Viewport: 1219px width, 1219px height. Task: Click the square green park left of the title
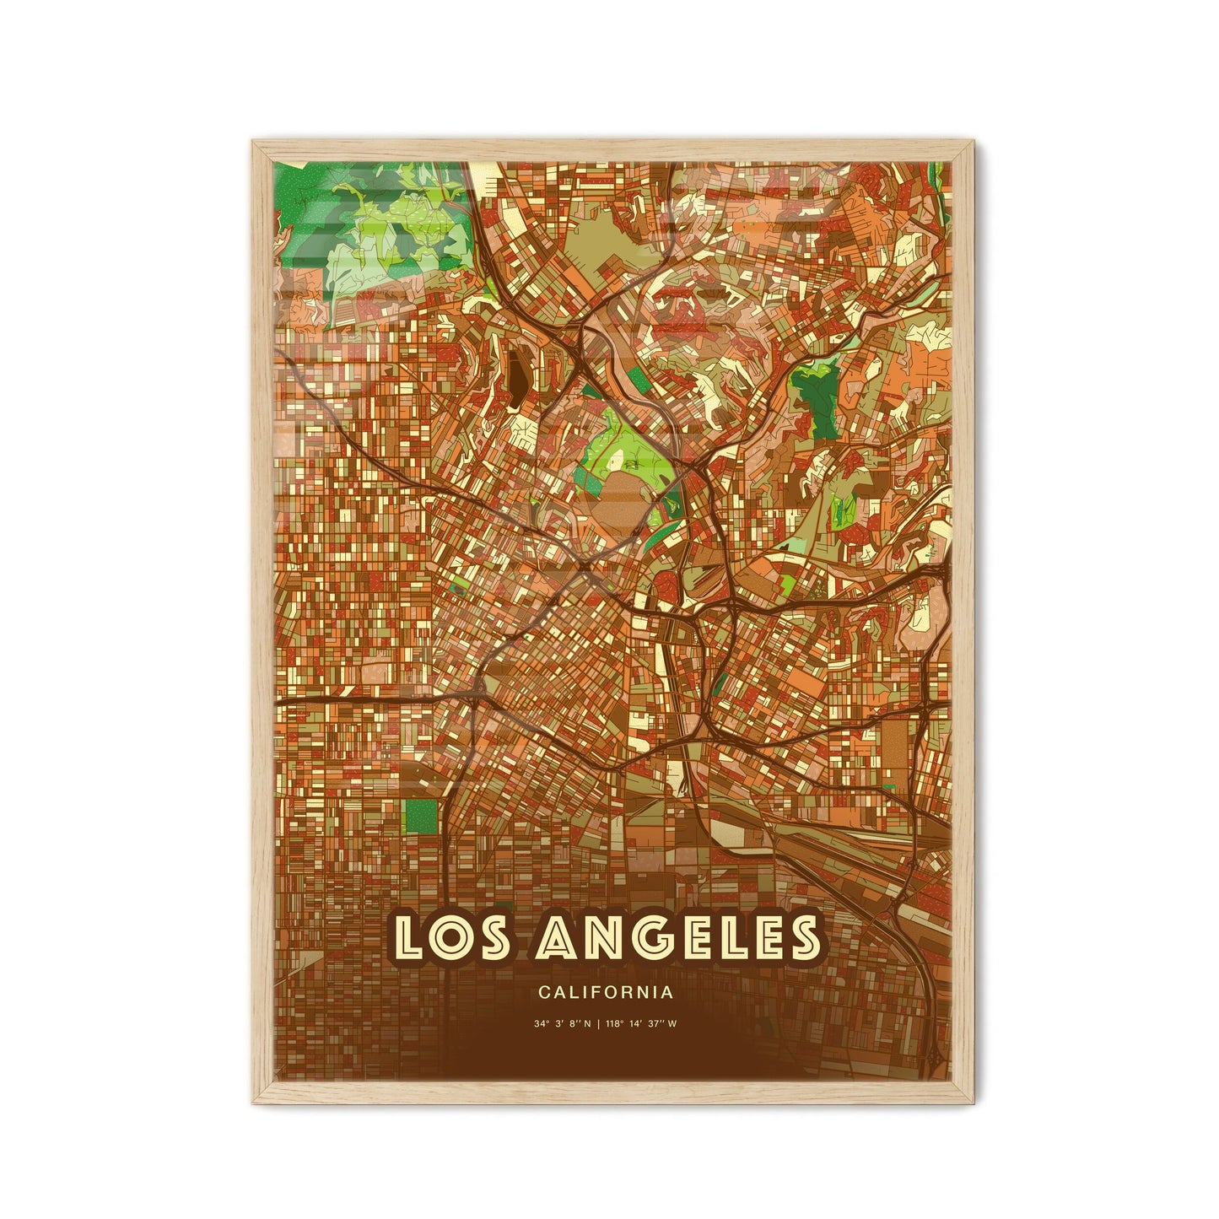pos(421,816)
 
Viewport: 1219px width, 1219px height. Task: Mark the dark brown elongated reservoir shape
pos(514,379)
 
